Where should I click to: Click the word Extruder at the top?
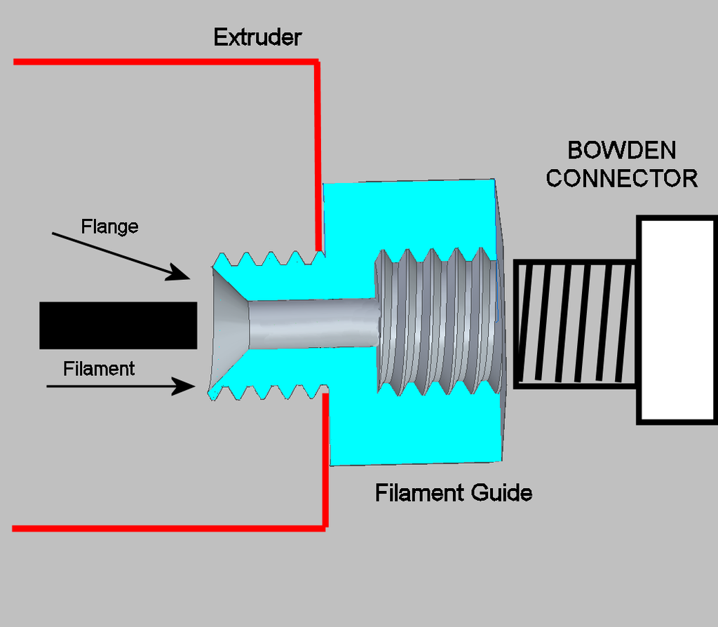257,37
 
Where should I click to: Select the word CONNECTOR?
622,178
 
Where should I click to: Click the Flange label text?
109,227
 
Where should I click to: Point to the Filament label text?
99,369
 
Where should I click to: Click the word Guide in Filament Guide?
501,492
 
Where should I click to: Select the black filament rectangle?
118,325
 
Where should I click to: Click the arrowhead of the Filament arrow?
185,386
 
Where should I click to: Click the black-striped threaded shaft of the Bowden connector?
575,323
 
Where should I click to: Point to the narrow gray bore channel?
312,323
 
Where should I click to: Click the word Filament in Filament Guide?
419,492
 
